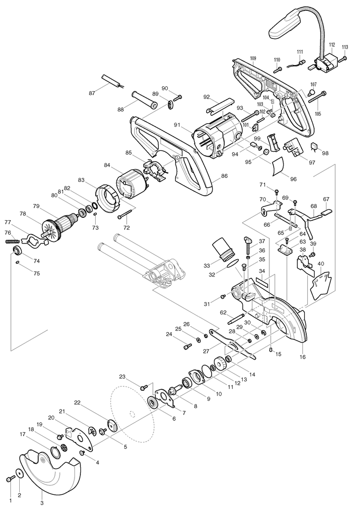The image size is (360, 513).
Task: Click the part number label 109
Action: pos(253,59)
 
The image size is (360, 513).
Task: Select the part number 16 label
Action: pos(302,356)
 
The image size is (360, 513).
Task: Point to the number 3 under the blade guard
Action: pos(42,503)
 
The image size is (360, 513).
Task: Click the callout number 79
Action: pos(36,205)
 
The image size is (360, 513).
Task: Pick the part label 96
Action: pos(293,179)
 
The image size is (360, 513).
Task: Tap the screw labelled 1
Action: pos(10,479)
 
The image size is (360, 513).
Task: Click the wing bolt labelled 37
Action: pos(248,242)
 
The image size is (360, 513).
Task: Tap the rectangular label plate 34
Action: pos(261,282)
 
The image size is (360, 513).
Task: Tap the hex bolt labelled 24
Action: pos(187,347)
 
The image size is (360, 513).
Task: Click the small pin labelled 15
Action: pos(271,349)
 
